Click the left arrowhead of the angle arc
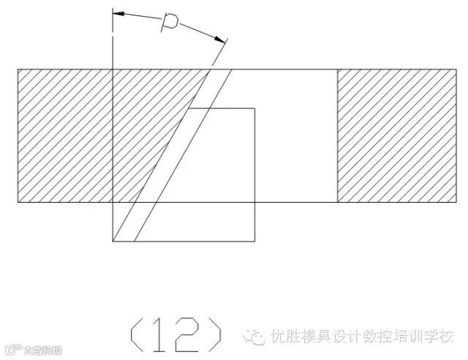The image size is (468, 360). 119,14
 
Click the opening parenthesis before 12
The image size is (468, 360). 136,334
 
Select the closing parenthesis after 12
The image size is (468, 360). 214,334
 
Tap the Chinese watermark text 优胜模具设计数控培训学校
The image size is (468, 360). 362,337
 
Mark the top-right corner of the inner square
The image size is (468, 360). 254,109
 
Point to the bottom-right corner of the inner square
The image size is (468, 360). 254,241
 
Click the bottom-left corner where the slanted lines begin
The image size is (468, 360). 113,241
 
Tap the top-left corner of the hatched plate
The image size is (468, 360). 18,70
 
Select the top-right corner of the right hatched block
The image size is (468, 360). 449,70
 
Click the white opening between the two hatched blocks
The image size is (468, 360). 292,135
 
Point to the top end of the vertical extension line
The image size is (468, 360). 113,10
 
